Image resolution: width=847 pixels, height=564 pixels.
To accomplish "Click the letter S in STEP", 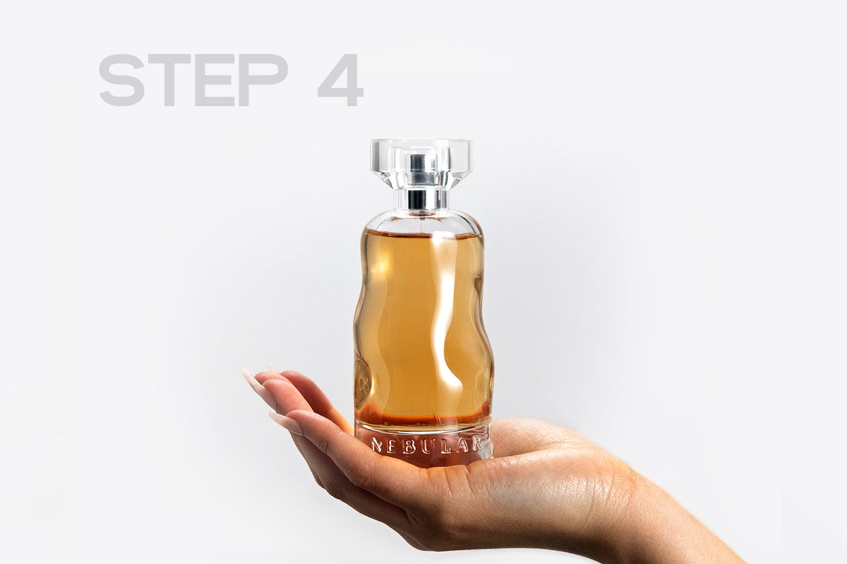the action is tap(121, 80).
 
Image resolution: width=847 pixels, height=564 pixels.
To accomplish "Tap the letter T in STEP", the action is tap(169, 80).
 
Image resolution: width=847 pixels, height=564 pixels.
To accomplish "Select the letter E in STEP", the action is tap(215, 80).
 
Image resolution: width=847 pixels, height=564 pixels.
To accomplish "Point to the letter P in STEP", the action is tap(263, 80).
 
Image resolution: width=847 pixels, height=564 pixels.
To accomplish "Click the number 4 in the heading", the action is tap(341, 80).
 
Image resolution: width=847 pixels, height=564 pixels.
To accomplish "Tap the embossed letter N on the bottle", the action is tap(377, 445).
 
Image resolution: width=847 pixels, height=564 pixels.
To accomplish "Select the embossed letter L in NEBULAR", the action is tap(445, 446).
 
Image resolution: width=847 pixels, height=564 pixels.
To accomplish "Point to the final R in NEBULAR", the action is tap(476, 443).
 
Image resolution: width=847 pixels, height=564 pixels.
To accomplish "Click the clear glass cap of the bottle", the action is tap(421, 164).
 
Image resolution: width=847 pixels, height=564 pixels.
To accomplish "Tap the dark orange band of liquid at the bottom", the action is tap(423, 419).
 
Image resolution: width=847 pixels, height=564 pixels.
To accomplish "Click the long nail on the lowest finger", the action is tap(285, 423).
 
